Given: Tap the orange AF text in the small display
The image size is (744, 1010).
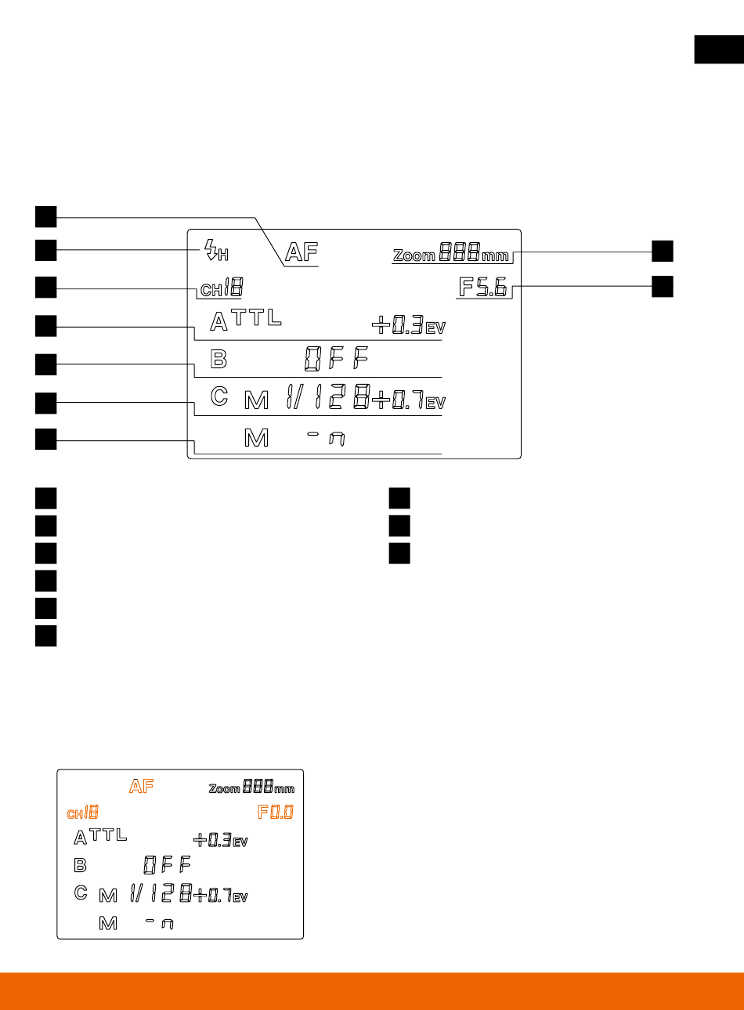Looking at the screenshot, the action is click(x=142, y=787).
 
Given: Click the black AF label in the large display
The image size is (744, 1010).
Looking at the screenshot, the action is click(x=302, y=252).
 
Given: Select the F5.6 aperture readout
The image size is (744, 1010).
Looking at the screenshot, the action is click(x=483, y=288).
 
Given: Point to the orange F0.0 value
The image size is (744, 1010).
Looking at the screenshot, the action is click(x=276, y=813).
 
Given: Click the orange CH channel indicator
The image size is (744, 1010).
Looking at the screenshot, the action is click(x=82, y=813).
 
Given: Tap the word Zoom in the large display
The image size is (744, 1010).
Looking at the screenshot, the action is click(x=414, y=255).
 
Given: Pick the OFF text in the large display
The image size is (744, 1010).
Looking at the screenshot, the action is click(x=336, y=360).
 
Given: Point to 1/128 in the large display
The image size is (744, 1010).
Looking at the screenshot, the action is click(x=327, y=400).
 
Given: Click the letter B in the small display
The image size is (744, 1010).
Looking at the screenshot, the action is click(x=80, y=866).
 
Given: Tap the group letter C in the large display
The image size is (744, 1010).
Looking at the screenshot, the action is click(x=219, y=396).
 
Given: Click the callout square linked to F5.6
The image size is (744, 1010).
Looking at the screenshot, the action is click(x=663, y=287).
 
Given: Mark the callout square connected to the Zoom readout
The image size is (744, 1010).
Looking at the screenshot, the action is click(x=663, y=251).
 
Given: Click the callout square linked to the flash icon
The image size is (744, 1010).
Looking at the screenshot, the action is click(x=45, y=250).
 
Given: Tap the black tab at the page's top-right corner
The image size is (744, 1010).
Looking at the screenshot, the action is click(x=718, y=49).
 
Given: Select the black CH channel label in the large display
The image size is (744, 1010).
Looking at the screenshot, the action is click(x=221, y=289).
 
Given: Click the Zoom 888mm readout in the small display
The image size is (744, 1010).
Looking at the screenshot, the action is click(x=251, y=787).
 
